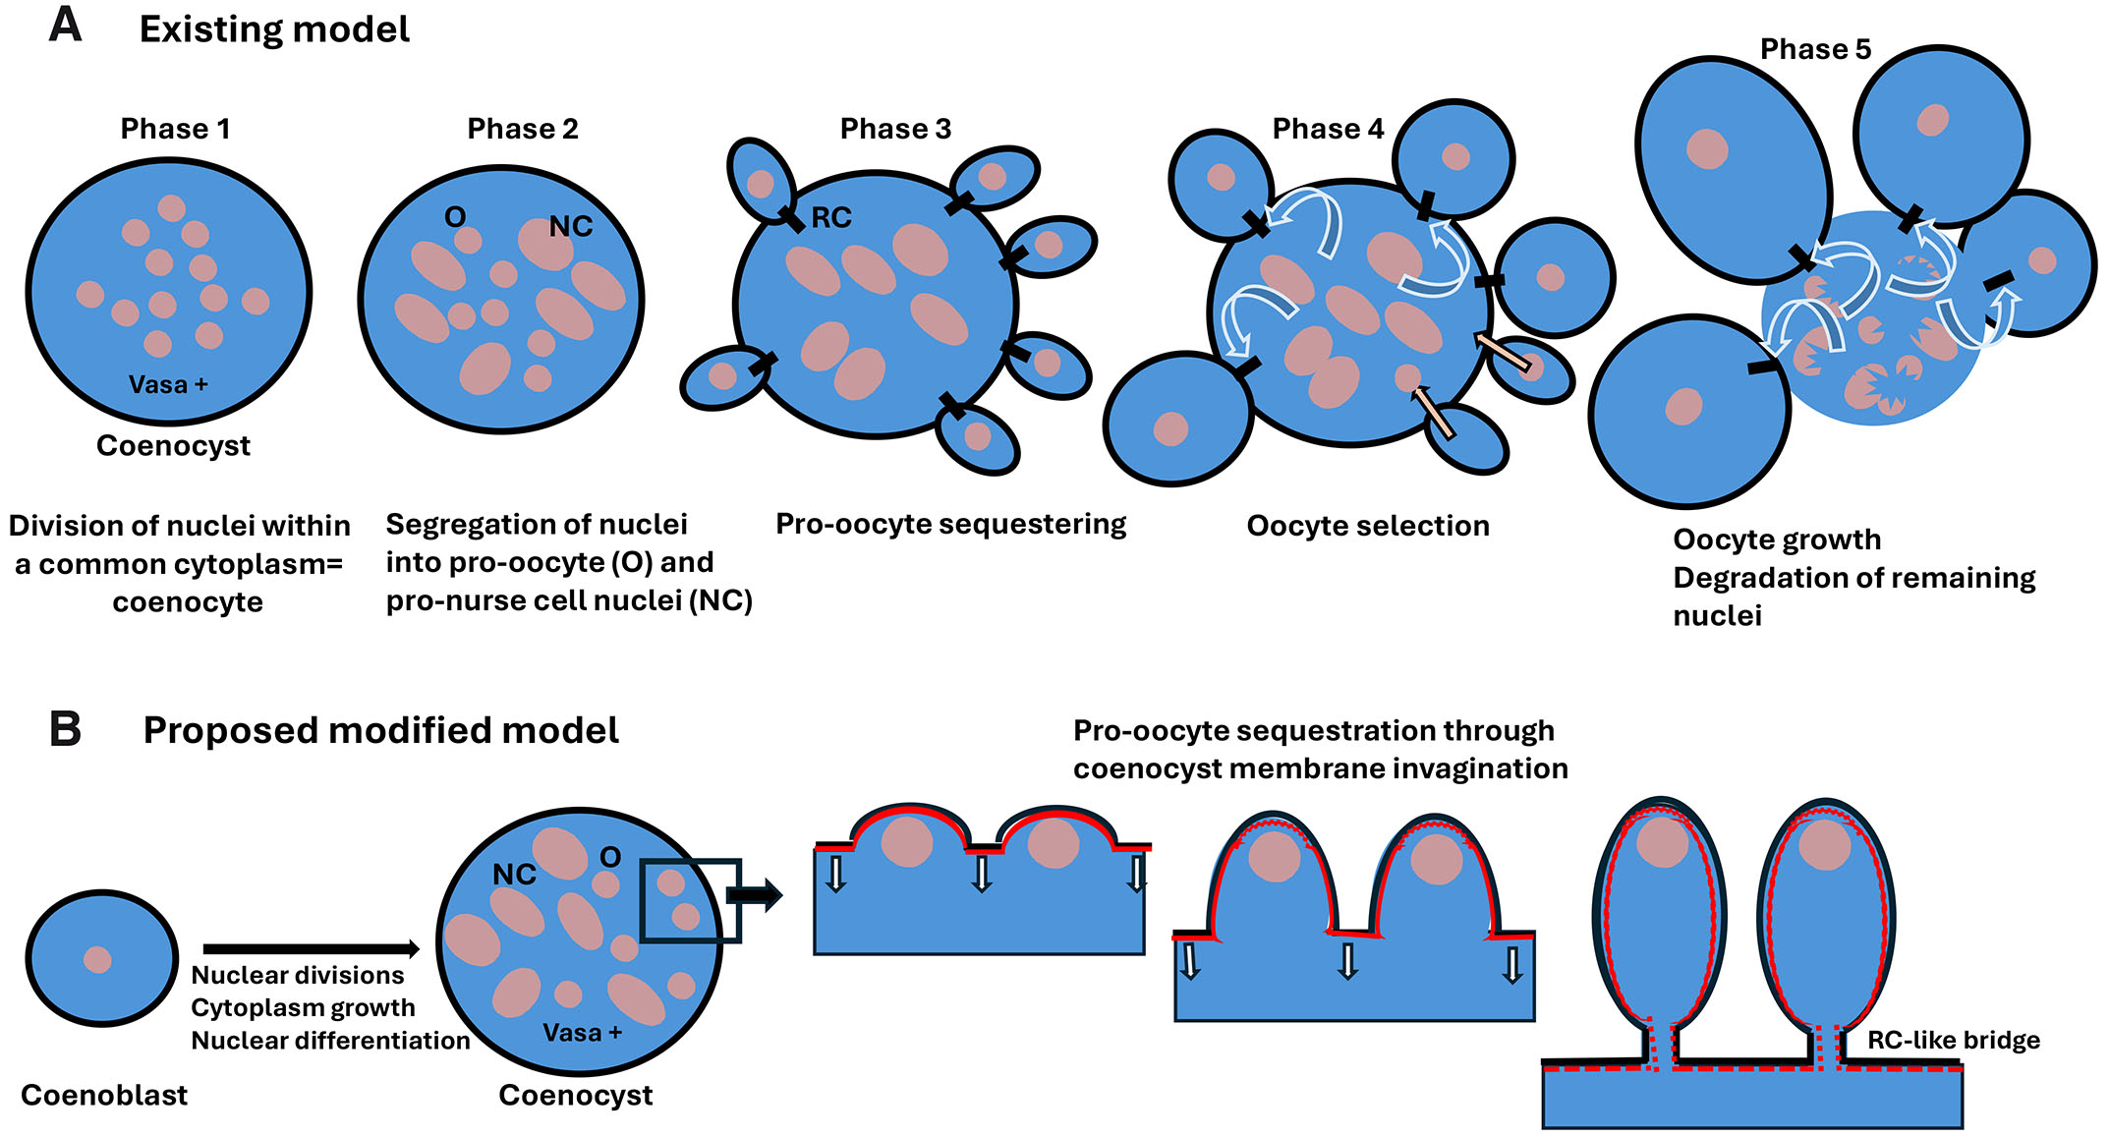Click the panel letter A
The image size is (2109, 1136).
coord(65,25)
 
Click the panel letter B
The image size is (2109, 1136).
coord(65,729)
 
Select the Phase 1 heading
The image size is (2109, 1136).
coord(175,129)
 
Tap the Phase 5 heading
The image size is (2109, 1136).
coord(1815,49)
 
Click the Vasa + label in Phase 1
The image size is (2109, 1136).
coord(168,384)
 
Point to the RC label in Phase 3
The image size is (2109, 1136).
coord(831,217)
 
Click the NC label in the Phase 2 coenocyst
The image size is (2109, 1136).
coord(571,227)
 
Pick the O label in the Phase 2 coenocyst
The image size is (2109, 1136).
coord(455,217)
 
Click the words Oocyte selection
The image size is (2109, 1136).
coord(1368,526)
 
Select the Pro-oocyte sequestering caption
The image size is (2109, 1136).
coord(950,524)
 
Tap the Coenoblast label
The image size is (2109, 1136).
coord(104,1095)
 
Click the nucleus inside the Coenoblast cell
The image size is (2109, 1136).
coord(97,959)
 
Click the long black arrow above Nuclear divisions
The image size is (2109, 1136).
coord(311,948)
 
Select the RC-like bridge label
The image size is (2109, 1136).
coord(1953,1040)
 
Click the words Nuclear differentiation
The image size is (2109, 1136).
coord(330,1040)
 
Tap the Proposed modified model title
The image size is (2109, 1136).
coord(380,730)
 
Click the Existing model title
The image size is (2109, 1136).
coord(274,29)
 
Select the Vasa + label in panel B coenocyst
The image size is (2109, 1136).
coord(583,1033)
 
